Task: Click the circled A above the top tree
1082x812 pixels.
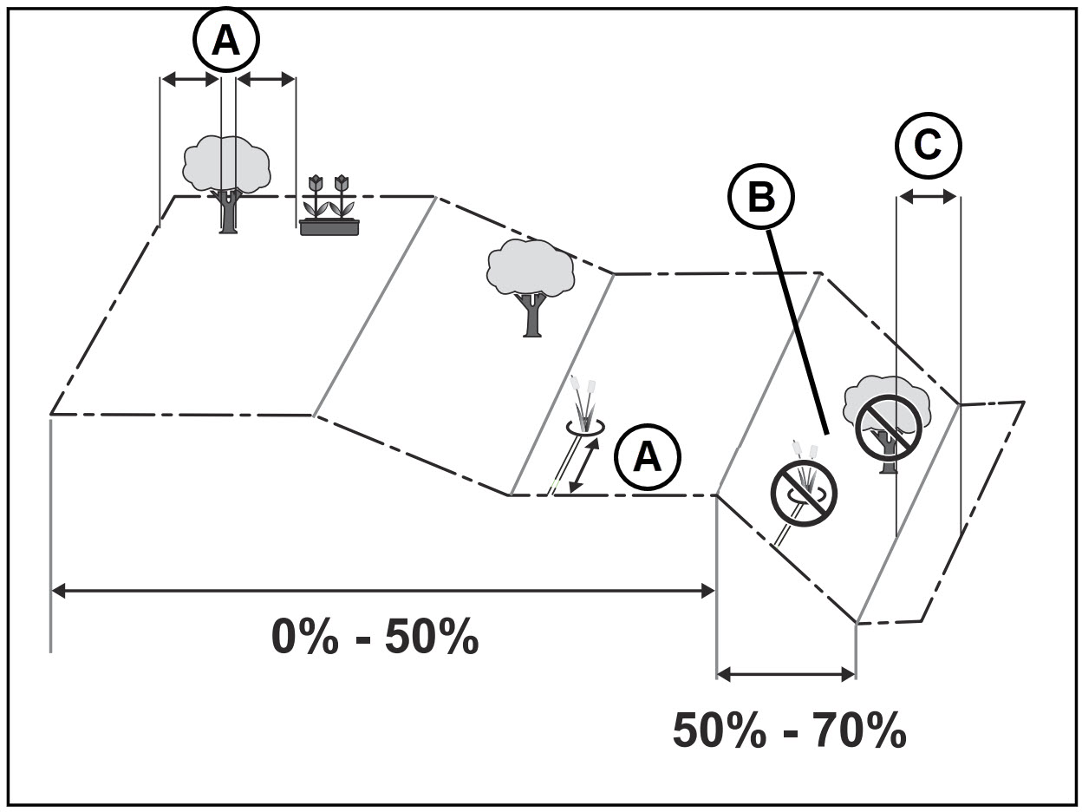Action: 226,41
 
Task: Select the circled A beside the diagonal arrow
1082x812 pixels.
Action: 648,457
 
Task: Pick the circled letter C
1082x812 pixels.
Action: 928,147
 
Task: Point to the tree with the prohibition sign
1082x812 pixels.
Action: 887,424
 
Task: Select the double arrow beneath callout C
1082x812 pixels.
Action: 928,198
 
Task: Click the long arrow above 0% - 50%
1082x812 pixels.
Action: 382,591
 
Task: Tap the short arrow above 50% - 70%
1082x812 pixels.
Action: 786,673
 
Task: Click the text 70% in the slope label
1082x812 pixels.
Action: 859,730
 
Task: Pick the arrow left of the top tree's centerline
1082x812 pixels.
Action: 190,79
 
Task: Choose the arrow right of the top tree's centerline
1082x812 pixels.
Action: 266,79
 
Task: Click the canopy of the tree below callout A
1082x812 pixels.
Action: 226,164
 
